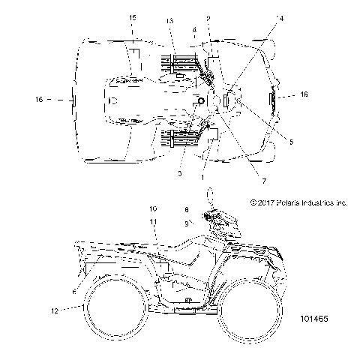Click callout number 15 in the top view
(133, 16)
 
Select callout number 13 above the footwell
(170, 19)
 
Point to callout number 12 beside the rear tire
(53, 308)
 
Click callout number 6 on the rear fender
(72, 290)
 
